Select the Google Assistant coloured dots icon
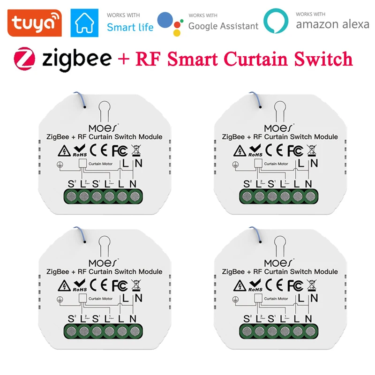pyautogui.click(x=170, y=22)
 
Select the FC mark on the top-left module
pyautogui.click(x=119, y=151)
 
